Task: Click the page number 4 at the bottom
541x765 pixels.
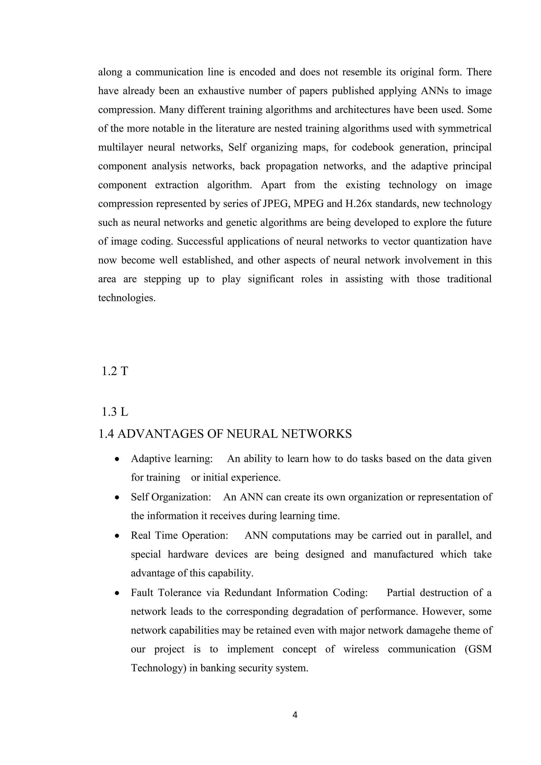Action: [295, 715]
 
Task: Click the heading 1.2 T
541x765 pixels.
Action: [115, 371]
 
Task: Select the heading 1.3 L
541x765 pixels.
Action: [115, 412]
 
